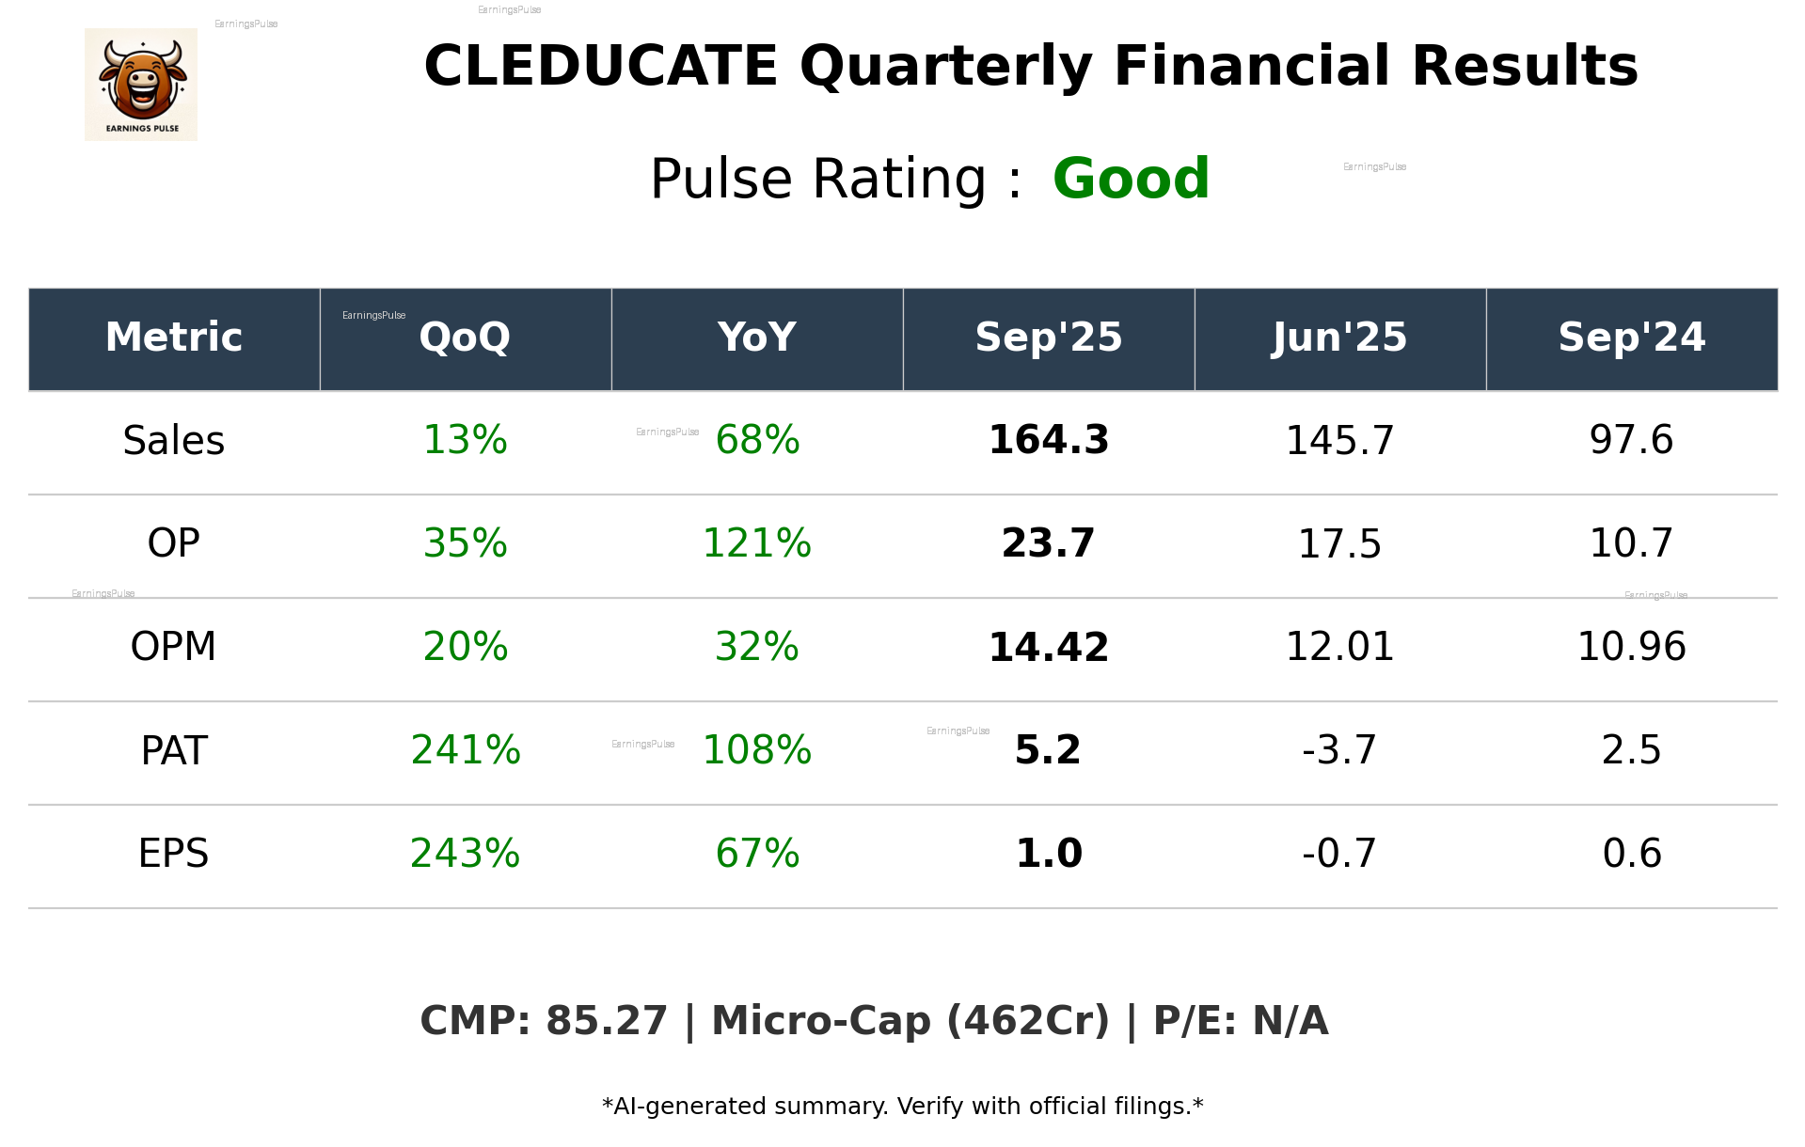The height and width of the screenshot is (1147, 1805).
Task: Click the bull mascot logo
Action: click(x=141, y=84)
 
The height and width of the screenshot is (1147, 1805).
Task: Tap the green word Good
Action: click(x=1131, y=179)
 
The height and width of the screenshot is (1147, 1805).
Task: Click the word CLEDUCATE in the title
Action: click(x=600, y=67)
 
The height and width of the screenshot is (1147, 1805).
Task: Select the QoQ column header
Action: click(x=465, y=338)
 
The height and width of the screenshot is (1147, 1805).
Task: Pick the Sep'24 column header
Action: click(x=1631, y=338)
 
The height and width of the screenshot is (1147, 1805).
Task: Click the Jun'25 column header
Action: click(x=1339, y=338)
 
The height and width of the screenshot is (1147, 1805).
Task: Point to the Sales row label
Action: click(x=174, y=440)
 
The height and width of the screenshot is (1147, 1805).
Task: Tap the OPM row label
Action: click(x=174, y=647)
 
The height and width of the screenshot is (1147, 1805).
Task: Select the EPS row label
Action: click(x=174, y=854)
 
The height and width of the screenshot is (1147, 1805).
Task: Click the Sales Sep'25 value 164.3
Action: click(x=1048, y=440)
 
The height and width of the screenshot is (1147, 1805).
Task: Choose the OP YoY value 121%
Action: click(x=756, y=543)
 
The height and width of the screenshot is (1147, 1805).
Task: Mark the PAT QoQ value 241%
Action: click(x=465, y=750)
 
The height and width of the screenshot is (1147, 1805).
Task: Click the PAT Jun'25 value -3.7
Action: click(x=1339, y=750)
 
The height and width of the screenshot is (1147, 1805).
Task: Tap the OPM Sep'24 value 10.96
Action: click(x=1631, y=647)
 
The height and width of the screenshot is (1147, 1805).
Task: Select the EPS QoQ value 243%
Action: click(x=465, y=854)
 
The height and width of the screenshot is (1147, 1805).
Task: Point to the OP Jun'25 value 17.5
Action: click(x=1339, y=543)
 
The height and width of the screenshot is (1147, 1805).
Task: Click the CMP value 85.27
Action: click(x=607, y=1021)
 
